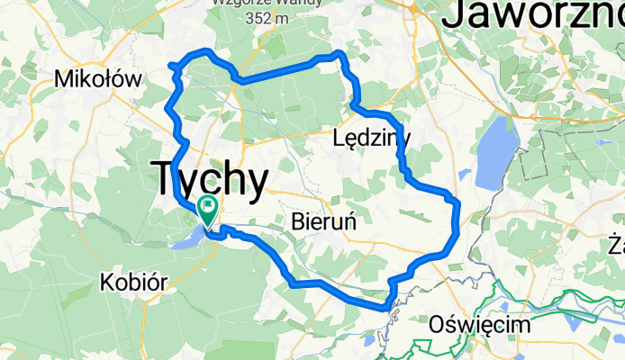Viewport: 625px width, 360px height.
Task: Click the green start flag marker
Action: coord(207,211)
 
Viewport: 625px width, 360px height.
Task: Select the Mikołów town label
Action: coord(98,79)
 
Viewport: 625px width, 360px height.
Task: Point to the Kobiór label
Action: coord(132,283)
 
